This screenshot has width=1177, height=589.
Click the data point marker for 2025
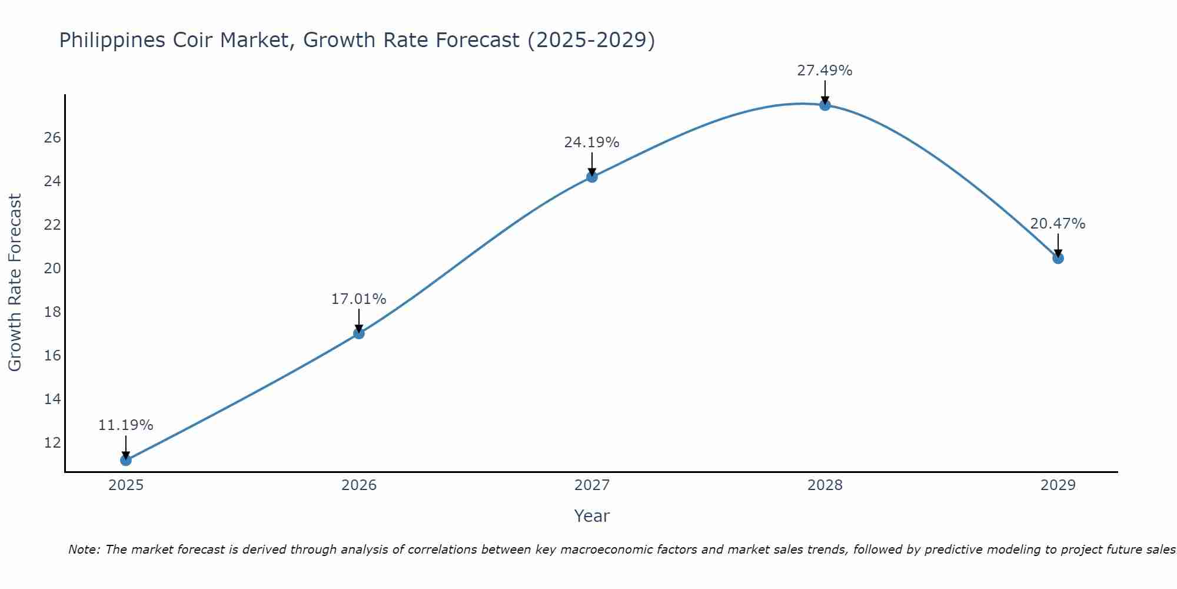(126, 460)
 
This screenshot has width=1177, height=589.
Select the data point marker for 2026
(359, 333)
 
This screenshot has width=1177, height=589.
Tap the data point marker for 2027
(592, 177)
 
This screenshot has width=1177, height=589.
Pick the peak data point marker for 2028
(825, 105)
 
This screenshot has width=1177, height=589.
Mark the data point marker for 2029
(1058, 258)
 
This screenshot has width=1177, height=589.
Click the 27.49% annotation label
(824, 71)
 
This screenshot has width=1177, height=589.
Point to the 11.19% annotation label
(125, 425)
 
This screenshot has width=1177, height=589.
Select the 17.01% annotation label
(358, 299)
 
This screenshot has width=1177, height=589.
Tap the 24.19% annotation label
(591, 143)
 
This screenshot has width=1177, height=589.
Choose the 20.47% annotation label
(1058, 224)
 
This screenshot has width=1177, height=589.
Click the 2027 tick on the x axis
(592, 485)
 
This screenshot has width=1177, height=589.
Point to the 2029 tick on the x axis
(1058, 485)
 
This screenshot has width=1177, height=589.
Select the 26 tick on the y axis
(52, 138)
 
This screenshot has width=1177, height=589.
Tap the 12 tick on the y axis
(52, 442)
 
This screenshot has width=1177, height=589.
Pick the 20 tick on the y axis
(52, 269)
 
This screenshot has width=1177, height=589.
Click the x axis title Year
(592, 516)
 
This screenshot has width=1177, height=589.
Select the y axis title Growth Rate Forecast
(15, 283)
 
